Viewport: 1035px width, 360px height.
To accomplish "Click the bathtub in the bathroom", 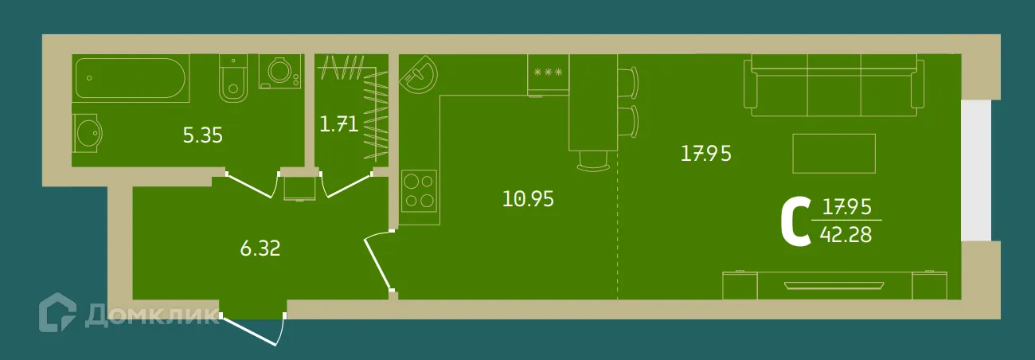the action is [131, 78].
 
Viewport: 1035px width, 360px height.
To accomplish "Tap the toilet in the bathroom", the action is [233, 78].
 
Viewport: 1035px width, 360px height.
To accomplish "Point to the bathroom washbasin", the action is [88, 134].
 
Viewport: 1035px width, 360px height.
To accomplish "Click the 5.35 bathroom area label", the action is [203, 136].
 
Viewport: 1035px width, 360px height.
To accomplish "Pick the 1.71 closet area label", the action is [339, 124].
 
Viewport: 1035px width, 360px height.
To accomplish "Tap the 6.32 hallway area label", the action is [260, 248].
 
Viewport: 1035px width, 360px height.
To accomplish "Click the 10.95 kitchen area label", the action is [528, 199].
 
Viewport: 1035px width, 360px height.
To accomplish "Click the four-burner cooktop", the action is [419, 190].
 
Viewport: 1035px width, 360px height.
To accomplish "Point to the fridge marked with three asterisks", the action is [548, 75].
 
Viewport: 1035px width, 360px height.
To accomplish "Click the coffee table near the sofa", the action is [834, 154].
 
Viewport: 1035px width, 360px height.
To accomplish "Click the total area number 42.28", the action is [846, 235].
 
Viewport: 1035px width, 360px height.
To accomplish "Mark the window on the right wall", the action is [976, 170].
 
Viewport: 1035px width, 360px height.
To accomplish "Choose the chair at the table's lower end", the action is [594, 162].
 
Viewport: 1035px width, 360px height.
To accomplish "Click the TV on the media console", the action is [834, 285].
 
